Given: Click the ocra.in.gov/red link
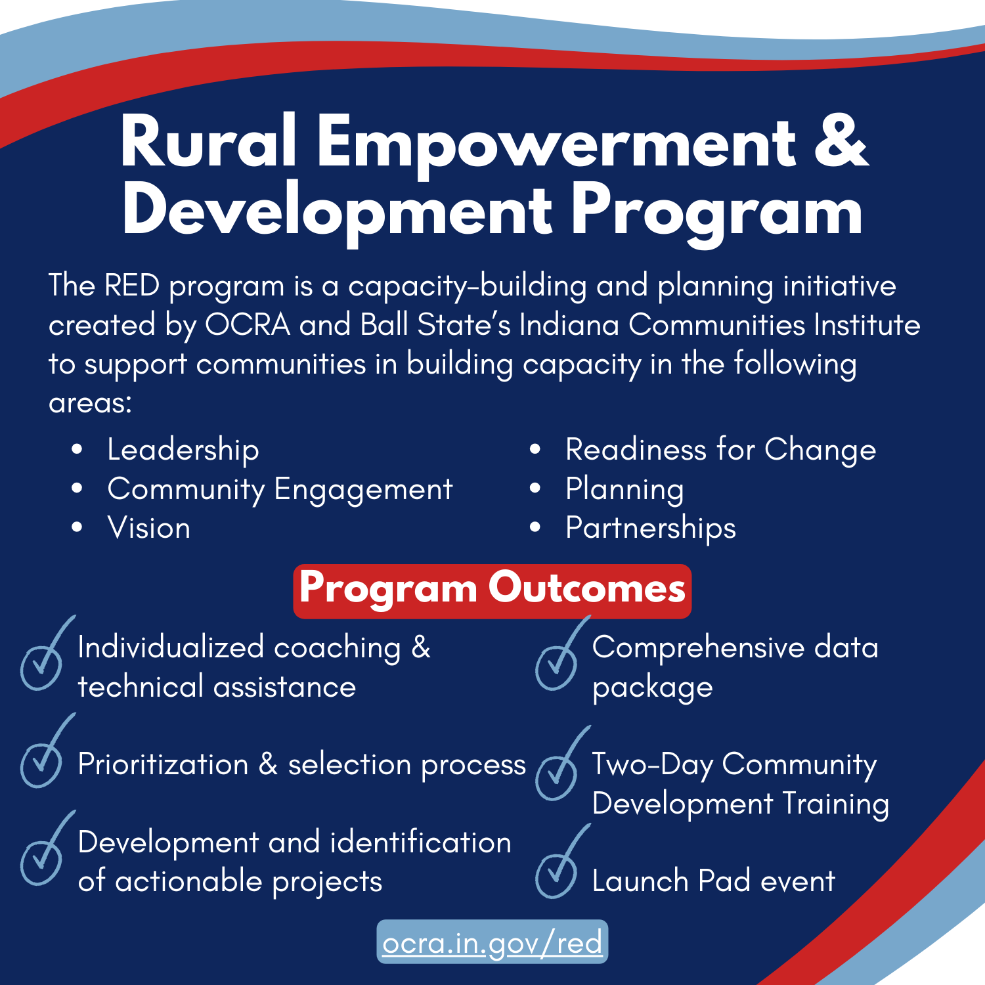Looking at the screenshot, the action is click(x=492, y=943).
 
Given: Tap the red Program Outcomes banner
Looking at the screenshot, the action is click(x=492, y=591).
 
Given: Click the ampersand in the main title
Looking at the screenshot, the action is click(x=841, y=141).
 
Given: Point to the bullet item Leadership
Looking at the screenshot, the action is click(x=183, y=450).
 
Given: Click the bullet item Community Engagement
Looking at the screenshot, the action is click(x=280, y=490).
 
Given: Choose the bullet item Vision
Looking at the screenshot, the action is click(x=149, y=528).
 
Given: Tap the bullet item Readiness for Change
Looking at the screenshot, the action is click(x=721, y=450).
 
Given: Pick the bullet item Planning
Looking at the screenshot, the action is click(x=625, y=490).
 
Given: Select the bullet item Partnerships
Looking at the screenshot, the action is click(x=651, y=529).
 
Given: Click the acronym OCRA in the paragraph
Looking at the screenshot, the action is click(x=248, y=325).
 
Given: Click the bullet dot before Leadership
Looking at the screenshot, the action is click(x=77, y=449).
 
